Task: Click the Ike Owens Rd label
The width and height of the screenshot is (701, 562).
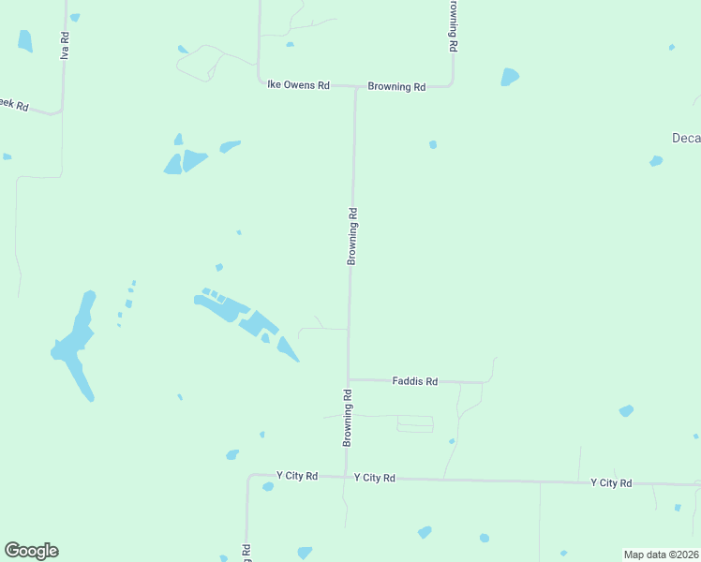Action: point(298,85)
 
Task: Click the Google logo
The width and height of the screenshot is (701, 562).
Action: point(31,551)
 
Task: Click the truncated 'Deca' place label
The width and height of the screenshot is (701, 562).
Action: point(686,138)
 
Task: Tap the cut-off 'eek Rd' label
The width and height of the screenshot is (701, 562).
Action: point(14,106)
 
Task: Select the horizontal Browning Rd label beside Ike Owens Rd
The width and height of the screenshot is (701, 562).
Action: point(396,87)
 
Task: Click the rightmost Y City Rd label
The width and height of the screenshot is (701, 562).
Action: point(611,483)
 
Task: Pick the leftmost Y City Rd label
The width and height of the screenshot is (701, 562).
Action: point(297,476)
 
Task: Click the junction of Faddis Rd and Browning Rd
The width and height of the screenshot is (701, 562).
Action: point(349,379)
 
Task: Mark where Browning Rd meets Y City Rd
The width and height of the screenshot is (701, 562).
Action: point(346,477)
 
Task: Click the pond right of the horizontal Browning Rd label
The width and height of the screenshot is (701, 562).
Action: point(509,77)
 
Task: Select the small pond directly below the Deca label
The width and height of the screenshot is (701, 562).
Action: point(656,161)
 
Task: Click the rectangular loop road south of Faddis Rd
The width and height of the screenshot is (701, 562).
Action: point(415,424)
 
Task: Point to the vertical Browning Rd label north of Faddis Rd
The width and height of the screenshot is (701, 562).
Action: point(353,236)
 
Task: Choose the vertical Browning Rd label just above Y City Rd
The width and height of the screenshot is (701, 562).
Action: point(347,417)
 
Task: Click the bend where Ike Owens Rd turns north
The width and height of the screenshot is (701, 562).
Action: point(260,82)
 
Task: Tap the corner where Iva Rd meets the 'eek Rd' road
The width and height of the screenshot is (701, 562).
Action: point(61,111)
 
